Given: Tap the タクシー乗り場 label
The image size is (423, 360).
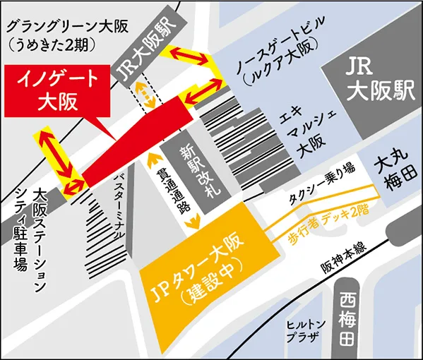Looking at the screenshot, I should click(x=322, y=185).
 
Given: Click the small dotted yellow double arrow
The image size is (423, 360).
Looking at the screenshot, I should click(x=146, y=94).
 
